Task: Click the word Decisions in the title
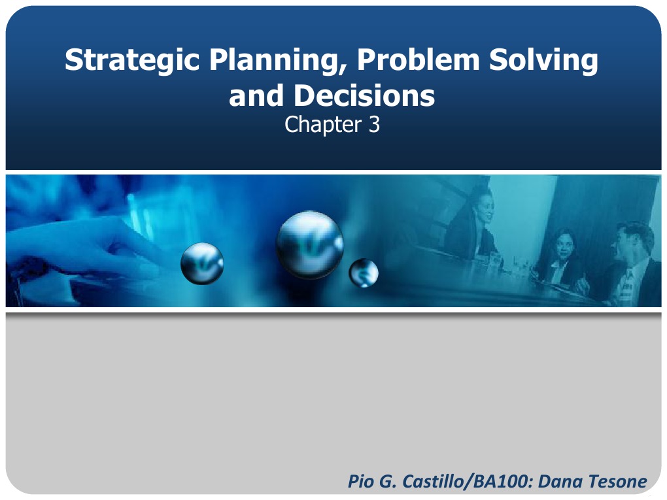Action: (364, 96)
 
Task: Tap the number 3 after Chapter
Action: (373, 125)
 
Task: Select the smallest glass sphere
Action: (364, 273)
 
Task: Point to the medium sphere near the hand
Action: (202, 263)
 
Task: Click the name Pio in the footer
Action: (363, 482)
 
